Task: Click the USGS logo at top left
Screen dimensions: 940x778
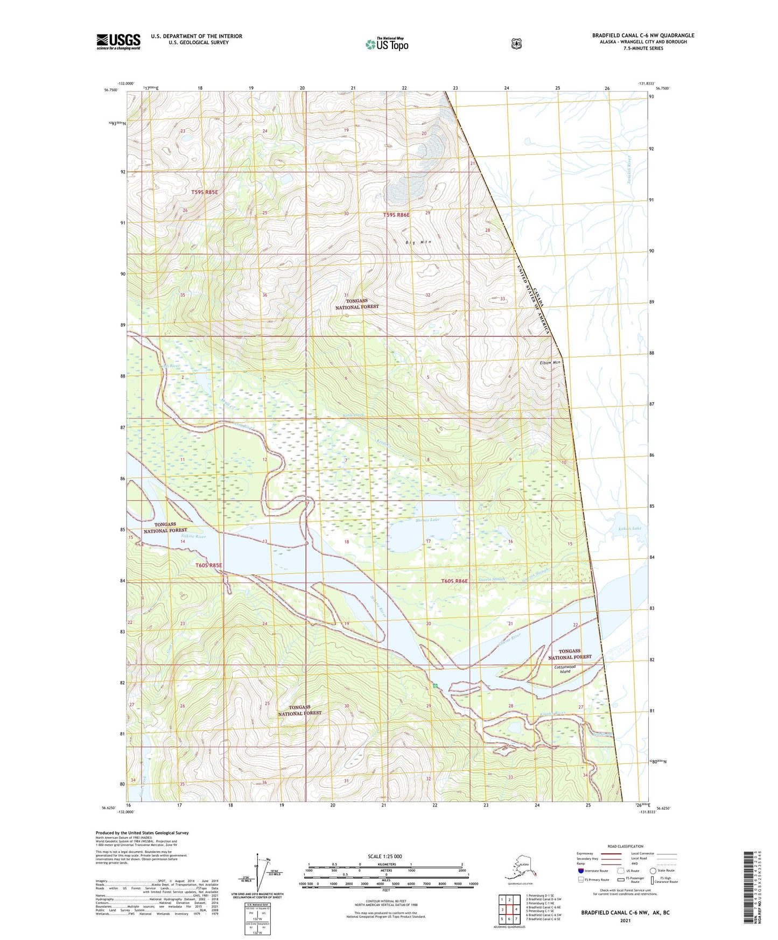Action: coord(118,41)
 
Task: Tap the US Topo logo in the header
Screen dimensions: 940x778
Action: coord(387,44)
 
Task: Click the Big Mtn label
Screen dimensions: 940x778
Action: coord(418,242)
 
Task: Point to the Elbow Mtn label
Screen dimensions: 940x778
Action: coord(550,362)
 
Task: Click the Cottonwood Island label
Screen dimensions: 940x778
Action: coord(565,669)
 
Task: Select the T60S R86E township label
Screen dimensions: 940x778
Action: coord(454,581)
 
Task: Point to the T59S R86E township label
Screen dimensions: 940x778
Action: coord(396,215)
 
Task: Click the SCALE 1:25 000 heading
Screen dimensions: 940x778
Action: coord(384,856)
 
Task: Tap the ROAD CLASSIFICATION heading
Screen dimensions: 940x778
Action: coord(626,846)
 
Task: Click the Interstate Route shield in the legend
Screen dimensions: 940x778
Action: coord(580,871)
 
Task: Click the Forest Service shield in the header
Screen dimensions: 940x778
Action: coord(516,44)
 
